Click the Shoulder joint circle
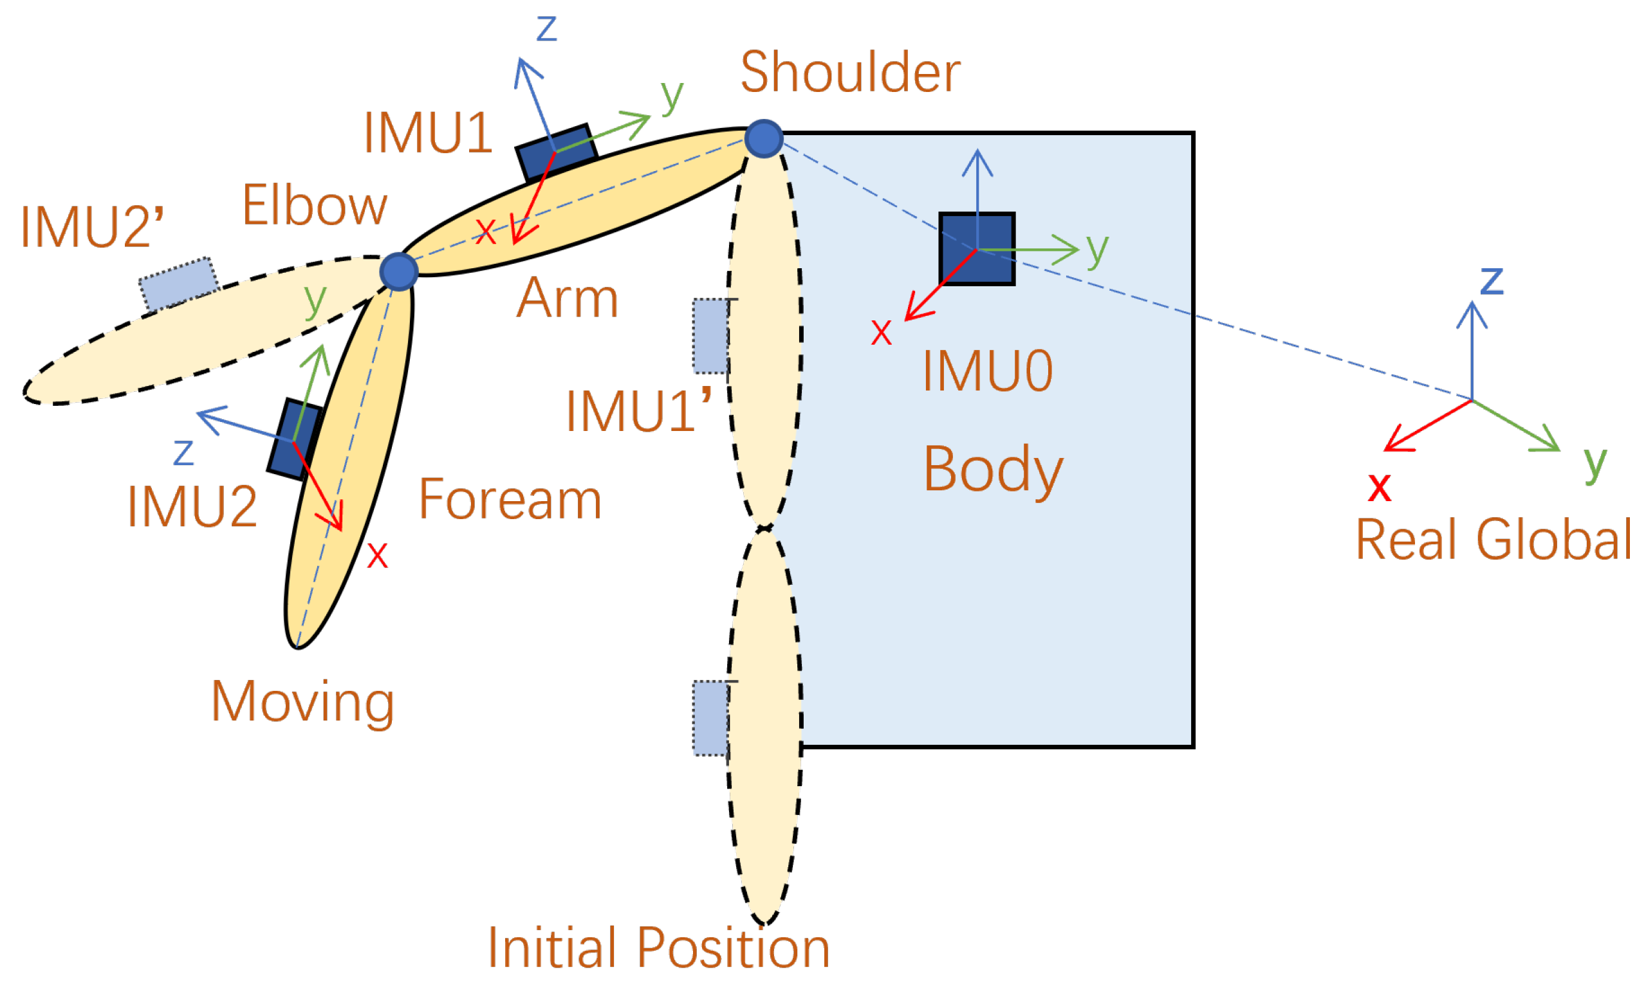pyautogui.click(x=763, y=139)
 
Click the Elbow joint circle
pyautogui.click(x=398, y=271)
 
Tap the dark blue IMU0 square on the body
pyautogui.click(x=977, y=249)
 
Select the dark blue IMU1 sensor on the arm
pyautogui.click(x=556, y=152)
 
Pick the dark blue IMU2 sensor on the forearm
pyautogui.click(x=294, y=439)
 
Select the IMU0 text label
pyautogui.click(x=988, y=372)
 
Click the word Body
pyautogui.click(x=993, y=470)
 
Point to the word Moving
pyautogui.click(x=303, y=702)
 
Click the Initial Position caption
pyautogui.click(x=658, y=948)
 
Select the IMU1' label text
pyautogui.click(x=638, y=411)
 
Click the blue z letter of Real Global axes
pyautogui.click(x=1492, y=280)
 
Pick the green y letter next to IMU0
pyautogui.click(x=1097, y=250)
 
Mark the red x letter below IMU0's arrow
pyautogui.click(x=881, y=332)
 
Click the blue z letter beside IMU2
pyautogui.click(x=183, y=452)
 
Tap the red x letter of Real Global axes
pyautogui.click(x=1379, y=487)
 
